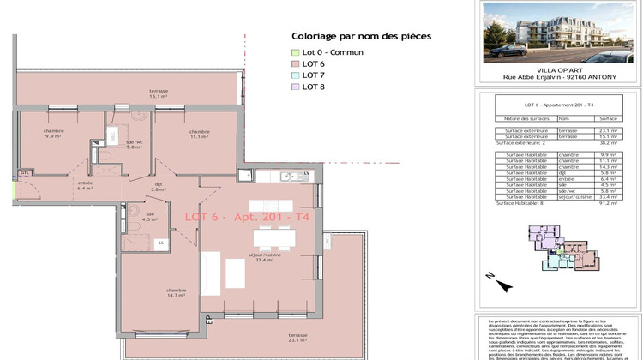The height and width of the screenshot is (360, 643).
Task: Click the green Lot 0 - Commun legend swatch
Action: point(297,52)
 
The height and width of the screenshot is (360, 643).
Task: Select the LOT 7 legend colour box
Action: point(297,75)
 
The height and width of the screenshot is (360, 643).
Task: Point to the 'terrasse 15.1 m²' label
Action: point(158,94)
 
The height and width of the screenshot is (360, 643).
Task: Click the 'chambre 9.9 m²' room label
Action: point(55,133)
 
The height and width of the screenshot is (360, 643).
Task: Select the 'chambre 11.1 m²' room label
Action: point(177,134)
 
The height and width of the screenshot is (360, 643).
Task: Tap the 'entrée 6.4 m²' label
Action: point(85,184)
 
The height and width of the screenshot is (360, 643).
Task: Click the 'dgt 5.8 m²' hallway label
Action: point(158,186)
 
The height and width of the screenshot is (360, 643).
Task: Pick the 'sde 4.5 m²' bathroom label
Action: point(149,216)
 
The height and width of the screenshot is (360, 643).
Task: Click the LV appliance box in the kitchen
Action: point(306,175)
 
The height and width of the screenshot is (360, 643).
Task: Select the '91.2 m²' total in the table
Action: point(609,203)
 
